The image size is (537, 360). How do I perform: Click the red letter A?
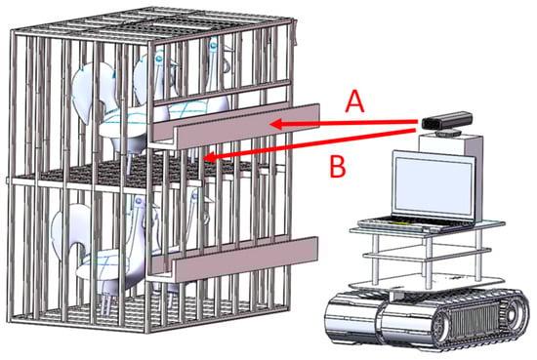354,101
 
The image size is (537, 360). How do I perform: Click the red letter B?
338,167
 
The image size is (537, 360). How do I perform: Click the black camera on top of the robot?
447,120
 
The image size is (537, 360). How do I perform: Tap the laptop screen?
434,184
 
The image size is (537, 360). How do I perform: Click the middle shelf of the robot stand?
428,255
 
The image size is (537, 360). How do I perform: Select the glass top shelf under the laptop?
428,228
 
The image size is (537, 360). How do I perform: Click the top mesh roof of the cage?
150,25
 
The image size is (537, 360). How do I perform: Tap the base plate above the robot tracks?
427,283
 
